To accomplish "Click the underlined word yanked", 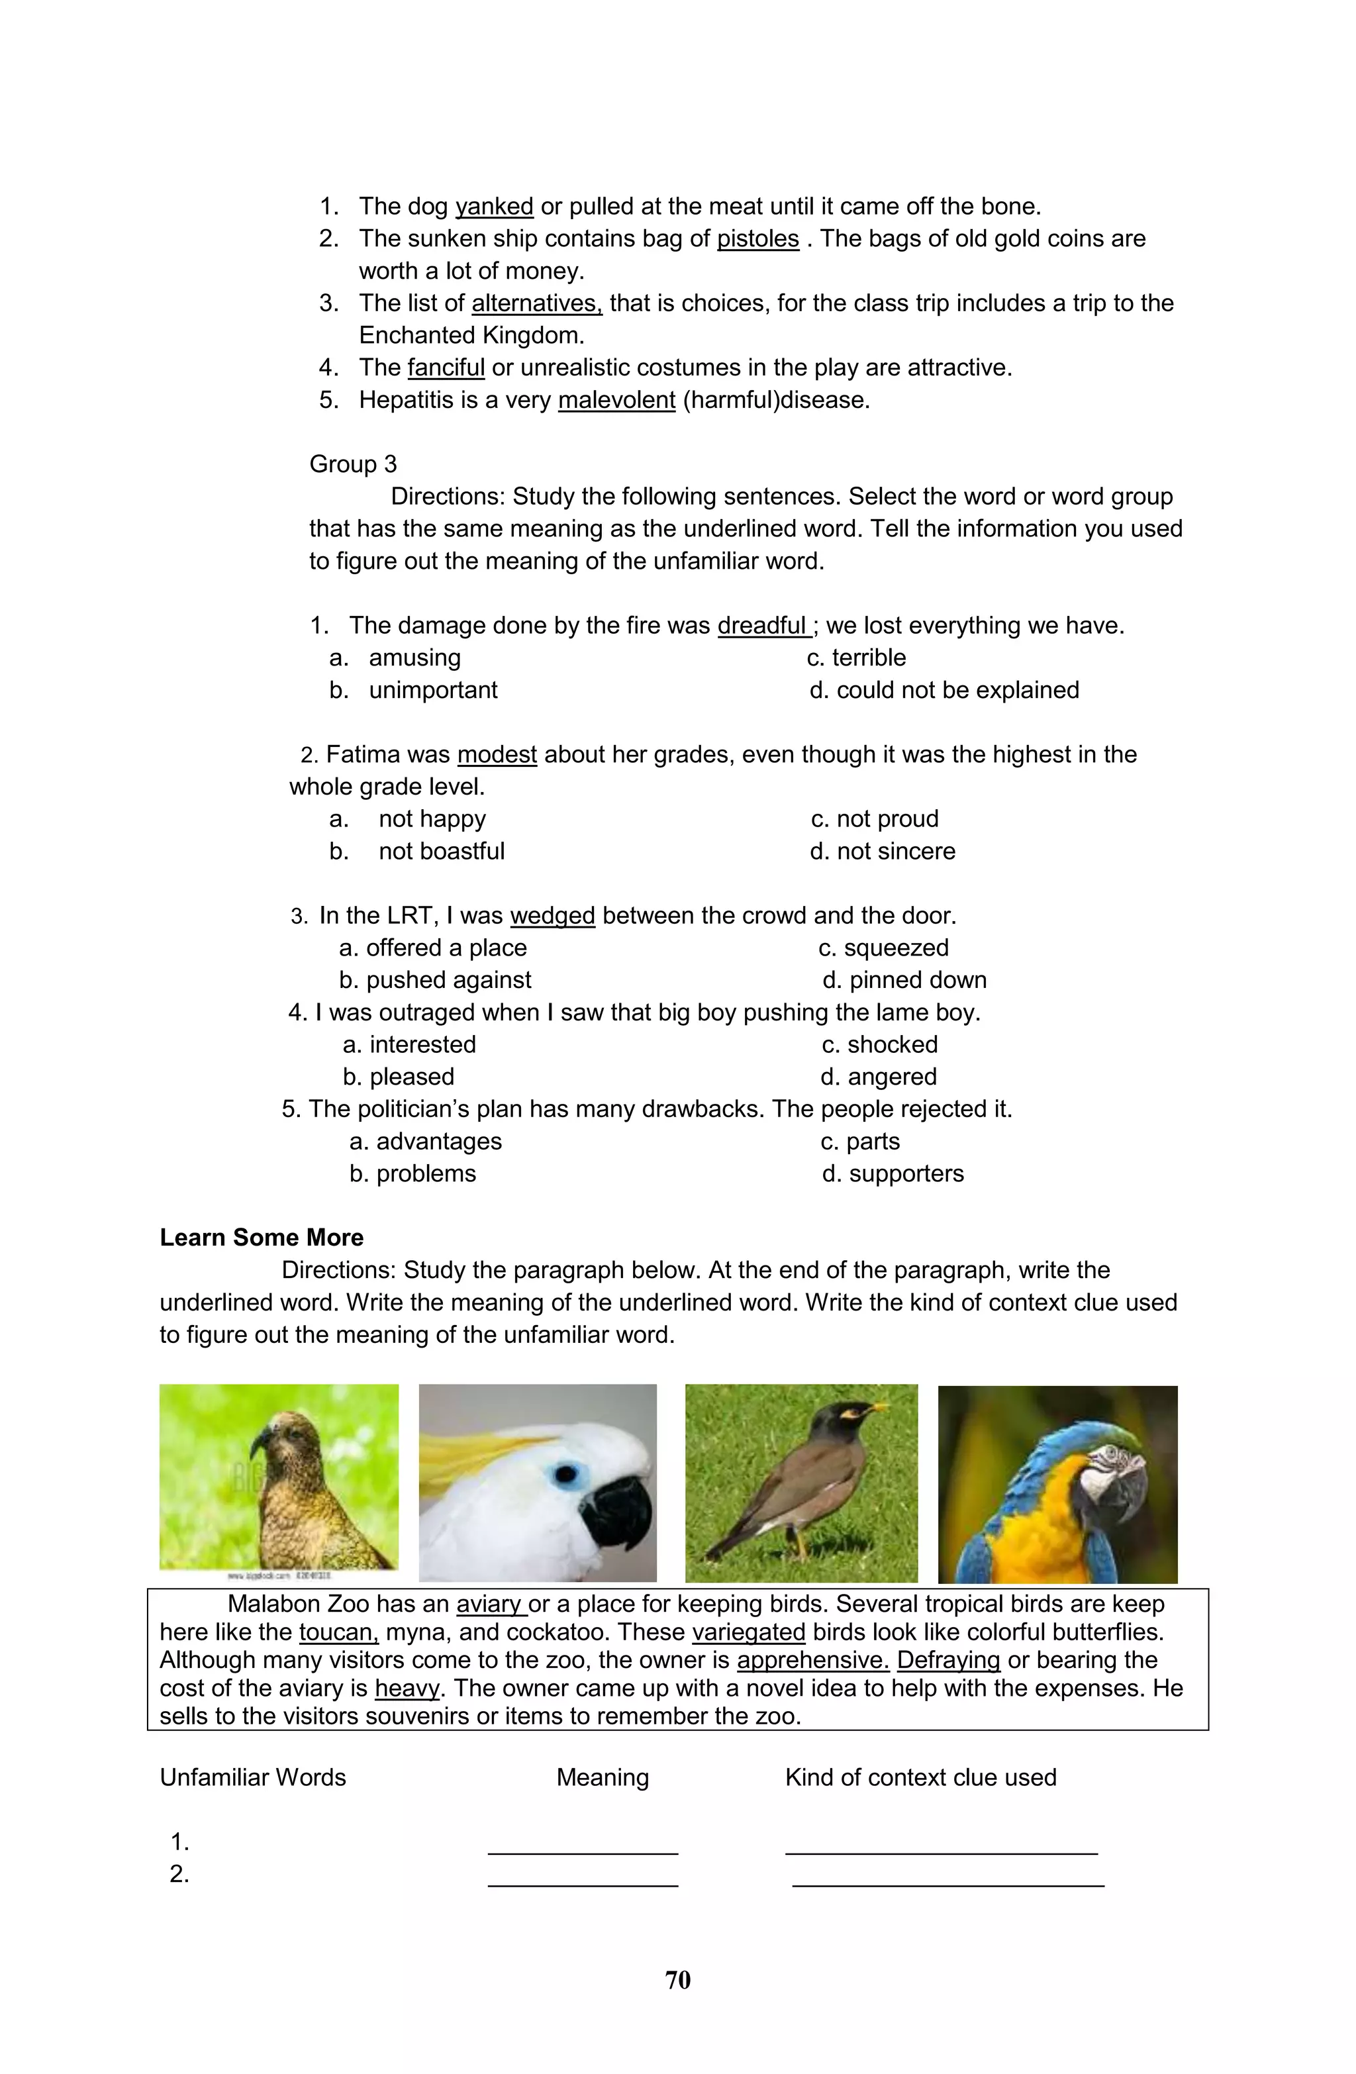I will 493,207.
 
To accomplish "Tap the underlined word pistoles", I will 757,239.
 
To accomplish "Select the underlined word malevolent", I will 616,400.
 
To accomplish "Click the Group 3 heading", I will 353,464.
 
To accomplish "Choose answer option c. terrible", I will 857,658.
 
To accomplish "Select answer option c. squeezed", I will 884,948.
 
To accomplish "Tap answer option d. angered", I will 879,1077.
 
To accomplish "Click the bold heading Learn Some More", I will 262,1238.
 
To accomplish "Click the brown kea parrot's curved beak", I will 259,1448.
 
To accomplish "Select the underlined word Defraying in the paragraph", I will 948,1660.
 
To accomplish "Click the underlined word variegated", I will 749,1632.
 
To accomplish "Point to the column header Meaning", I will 602,1778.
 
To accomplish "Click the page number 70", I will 677,1980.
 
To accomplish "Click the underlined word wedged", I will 552,916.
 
